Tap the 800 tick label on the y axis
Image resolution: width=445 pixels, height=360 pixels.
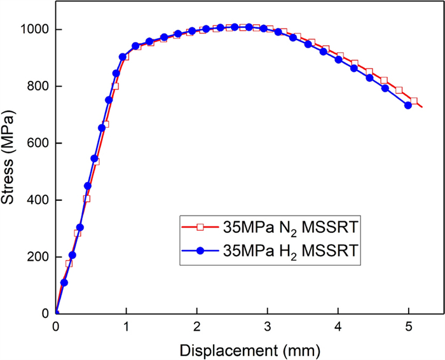click(x=38, y=87)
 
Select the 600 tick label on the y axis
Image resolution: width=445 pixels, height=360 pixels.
click(x=38, y=143)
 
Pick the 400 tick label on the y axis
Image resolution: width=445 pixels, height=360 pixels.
click(x=38, y=200)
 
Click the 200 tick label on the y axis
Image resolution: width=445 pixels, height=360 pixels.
click(x=38, y=257)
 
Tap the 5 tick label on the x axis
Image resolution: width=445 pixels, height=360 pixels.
click(x=408, y=326)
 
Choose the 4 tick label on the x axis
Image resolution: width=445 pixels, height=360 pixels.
click(x=338, y=326)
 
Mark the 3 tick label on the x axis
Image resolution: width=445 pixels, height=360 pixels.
click(x=268, y=326)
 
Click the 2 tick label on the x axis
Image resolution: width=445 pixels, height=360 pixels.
click(x=197, y=326)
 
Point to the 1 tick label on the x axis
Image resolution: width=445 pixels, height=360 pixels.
click(x=127, y=326)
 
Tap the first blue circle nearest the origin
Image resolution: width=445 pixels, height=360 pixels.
click(x=64, y=282)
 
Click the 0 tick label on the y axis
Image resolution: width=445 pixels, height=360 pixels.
click(x=46, y=314)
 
